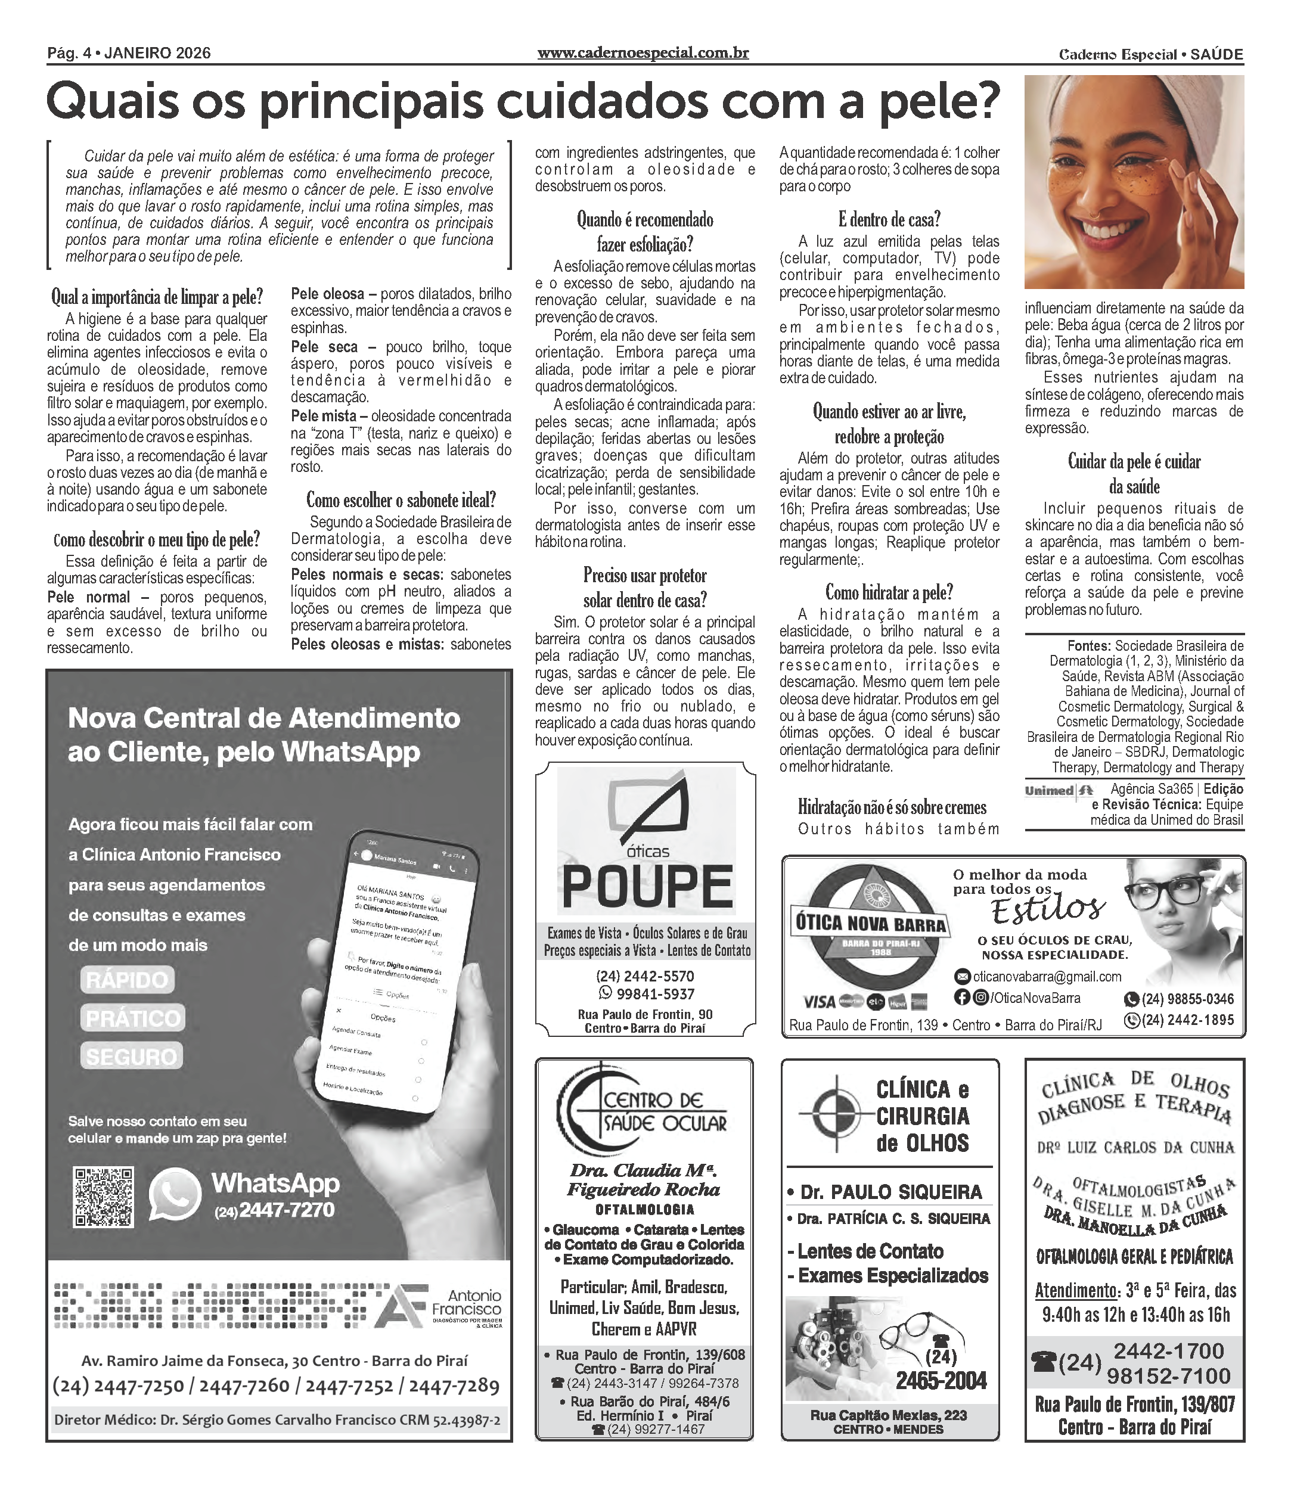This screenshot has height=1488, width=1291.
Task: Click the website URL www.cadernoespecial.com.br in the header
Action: (x=643, y=53)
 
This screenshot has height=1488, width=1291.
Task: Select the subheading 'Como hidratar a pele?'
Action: (x=889, y=593)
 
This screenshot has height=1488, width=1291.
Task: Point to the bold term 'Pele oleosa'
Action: (x=328, y=294)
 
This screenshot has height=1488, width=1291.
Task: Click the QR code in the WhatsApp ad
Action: (x=104, y=1197)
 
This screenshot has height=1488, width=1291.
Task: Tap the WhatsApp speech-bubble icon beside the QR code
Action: (x=175, y=1195)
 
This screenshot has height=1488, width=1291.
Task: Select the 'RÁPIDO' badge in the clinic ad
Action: (x=128, y=980)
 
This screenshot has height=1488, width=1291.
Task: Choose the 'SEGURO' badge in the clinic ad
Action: (x=131, y=1056)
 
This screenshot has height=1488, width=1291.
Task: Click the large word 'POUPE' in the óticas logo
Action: (x=646, y=886)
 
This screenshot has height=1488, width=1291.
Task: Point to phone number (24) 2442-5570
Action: (x=645, y=977)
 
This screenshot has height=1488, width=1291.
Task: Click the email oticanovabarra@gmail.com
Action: (x=1046, y=977)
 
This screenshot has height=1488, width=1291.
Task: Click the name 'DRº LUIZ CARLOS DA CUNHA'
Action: (x=1135, y=1147)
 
